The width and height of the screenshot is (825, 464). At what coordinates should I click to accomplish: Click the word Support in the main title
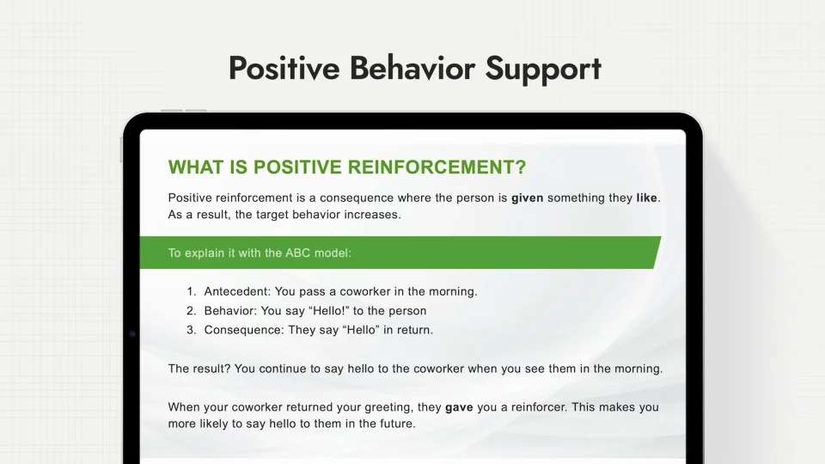[x=543, y=70]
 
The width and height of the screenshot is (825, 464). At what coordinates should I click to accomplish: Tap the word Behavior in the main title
[x=412, y=68]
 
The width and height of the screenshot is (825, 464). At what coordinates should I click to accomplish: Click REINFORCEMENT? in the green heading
[x=437, y=168]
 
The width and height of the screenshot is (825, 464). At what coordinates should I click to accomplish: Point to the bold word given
[x=527, y=198]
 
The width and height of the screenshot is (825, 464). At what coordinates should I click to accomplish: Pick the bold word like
[x=646, y=198]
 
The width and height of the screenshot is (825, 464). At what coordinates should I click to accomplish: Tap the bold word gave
[x=459, y=407]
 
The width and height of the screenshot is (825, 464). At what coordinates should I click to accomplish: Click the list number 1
[x=191, y=291]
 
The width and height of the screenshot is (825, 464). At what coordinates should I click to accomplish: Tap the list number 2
[x=191, y=311]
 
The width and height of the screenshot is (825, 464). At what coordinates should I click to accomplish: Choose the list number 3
[x=191, y=330]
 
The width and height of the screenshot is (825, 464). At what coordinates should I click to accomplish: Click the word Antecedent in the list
[x=237, y=291]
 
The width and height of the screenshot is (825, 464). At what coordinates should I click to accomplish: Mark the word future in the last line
[x=397, y=424]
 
